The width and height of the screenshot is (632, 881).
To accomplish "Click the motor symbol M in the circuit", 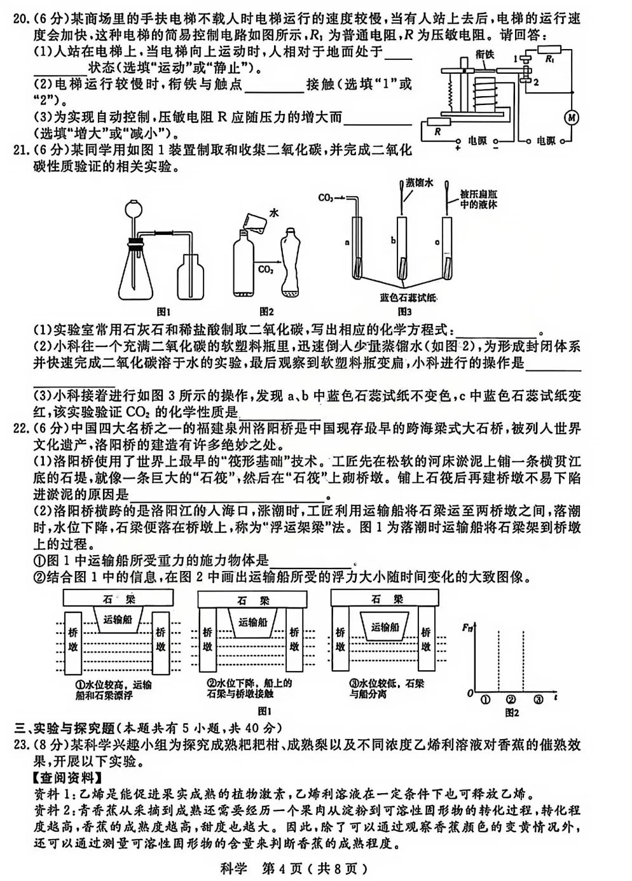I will pos(571,117).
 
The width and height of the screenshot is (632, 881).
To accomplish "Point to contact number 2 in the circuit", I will pos(536,82).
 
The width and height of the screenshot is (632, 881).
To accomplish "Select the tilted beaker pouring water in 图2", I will pos(251,222).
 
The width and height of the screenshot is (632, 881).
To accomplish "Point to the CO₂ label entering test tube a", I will pos(327,198).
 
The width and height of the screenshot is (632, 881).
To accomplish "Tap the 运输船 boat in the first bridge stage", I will pos(117,619).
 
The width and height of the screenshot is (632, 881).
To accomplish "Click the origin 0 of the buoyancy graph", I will pos(471,691).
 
